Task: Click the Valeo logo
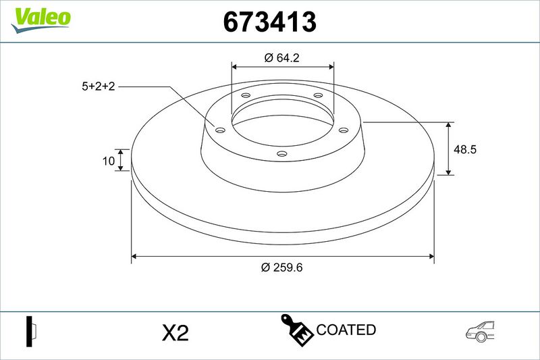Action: coord(41,20)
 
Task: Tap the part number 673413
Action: coord(269,22)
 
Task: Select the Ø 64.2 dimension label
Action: coord(282,57)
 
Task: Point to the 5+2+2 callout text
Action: coord(99,86)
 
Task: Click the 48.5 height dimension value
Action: coord(465,149)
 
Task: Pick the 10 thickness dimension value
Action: coord(109,161)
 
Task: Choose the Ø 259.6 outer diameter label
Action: coord(281,267)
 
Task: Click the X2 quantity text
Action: coord(175,333)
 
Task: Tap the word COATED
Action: coord(346,330)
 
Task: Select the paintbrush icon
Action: coord(296,330)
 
